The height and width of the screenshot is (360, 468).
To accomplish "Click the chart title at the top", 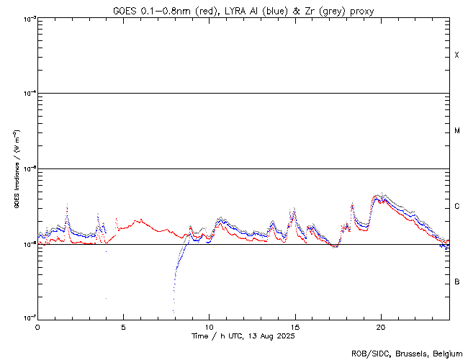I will coord(243,11).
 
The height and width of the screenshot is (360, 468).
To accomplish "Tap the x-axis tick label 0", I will coord(37,326).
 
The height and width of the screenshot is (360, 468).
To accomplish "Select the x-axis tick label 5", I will coord(123,326).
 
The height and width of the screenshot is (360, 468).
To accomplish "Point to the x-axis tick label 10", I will coord(209,326).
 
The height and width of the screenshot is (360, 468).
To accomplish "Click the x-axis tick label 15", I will coord(294,326).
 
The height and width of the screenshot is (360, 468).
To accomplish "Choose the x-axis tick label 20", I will coord(380,326).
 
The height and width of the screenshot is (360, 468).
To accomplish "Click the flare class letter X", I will coord(456,55).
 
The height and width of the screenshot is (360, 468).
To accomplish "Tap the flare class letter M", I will coord(456,131).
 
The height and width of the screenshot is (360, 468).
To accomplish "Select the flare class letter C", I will coord(456,207).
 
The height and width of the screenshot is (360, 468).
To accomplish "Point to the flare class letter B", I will coord(456,282).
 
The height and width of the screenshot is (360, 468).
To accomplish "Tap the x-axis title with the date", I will coord(243,336).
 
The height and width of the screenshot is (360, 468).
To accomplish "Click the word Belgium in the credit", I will coord(447,354).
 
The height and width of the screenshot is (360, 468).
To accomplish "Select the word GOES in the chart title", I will coord(124,11).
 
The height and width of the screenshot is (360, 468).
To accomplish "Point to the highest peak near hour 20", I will coord(379,194).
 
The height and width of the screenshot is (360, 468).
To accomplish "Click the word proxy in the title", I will coord(362,11).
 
